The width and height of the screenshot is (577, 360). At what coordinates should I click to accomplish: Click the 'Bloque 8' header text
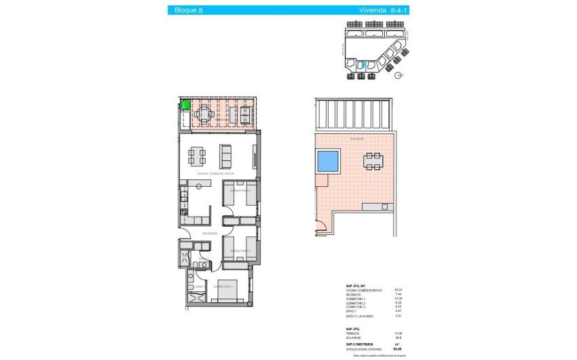tap(188, 10)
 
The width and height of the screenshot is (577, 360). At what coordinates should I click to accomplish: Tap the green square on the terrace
tap(185, 105)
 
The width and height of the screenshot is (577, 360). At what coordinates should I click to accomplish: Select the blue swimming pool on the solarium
tap(328, 161)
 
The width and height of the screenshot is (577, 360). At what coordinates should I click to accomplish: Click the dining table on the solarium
tap(373, 161)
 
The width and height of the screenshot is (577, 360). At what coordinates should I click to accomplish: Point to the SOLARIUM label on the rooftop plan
tap(357, 139)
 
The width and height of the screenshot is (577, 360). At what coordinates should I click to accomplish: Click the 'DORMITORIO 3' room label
tap(240, 191)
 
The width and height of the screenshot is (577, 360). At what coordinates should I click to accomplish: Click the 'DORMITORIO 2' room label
tap(240, 251)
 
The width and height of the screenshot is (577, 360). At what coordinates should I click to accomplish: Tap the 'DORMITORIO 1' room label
tap(223, 287)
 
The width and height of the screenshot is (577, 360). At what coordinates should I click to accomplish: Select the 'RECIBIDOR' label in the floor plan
tap(208, 233)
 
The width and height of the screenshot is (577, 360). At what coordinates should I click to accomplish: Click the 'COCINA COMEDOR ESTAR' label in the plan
tap(215, 175)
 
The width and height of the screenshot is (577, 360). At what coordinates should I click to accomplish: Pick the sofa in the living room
tap(226, 157)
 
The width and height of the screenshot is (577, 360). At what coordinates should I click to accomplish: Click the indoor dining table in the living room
tap(197, 157)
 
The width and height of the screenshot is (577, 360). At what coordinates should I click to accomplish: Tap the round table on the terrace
tap(209, 115)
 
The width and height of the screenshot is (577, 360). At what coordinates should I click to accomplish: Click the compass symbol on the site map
tap(399, 75)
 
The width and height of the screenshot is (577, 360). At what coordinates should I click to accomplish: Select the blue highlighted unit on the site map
tap(362, 65)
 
